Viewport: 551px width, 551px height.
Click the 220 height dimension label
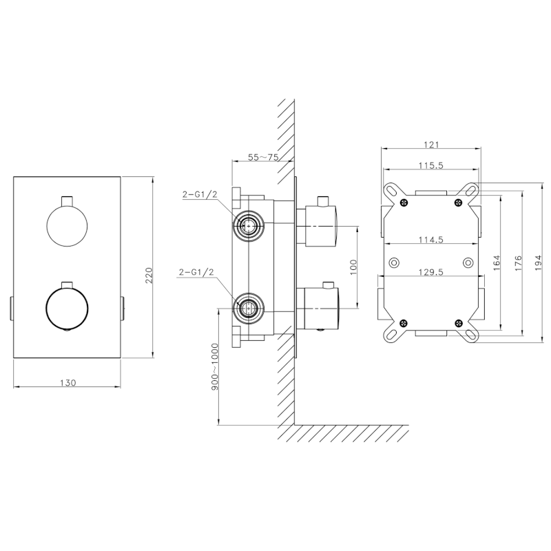149,275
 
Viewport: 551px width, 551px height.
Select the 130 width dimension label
67,382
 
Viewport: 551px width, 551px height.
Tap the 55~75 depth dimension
263,157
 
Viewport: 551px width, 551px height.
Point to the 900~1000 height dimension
215,366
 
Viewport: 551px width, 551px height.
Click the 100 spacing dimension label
353,267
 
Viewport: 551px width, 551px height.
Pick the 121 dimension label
431,145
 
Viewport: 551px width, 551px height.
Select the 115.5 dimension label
431,165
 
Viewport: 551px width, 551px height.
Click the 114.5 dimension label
431,240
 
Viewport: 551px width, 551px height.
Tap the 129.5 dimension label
431,272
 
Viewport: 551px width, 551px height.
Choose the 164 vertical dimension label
496,262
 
